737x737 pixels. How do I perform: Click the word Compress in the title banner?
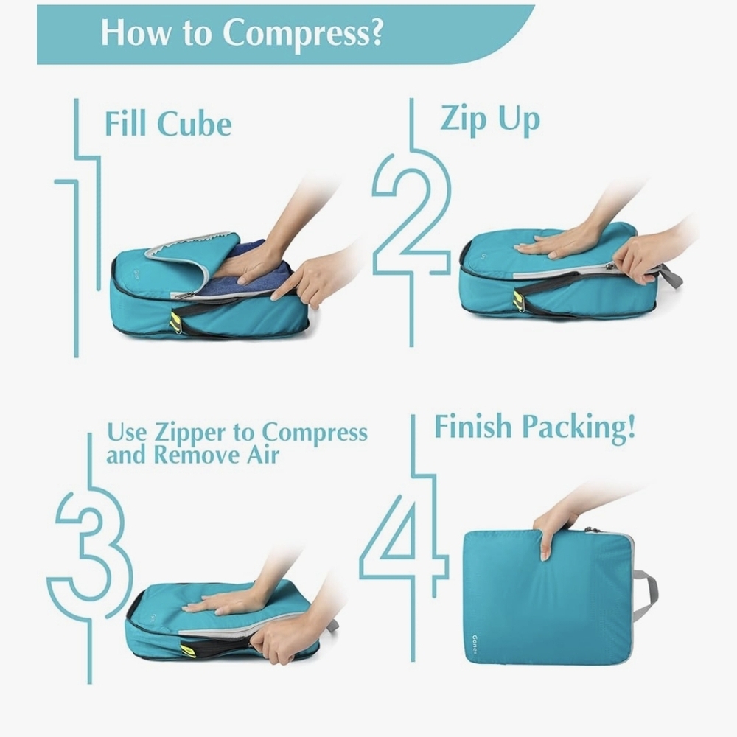click(x=303, y=33)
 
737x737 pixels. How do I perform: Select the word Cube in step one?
click(x=194, y=124)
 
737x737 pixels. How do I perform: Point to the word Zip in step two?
click(x=464, y=119)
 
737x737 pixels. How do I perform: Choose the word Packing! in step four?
click(x=579, y=428)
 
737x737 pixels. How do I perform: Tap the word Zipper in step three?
click(x=190, y=433)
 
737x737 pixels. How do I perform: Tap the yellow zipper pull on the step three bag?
click(x=189, y=650)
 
